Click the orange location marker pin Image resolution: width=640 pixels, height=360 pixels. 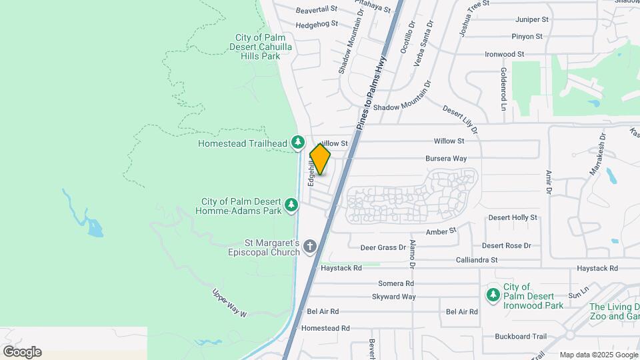pyautogui.click(x=320, y=159)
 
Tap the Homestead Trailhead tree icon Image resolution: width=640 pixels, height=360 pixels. pyautogui.click(x=298, y=143)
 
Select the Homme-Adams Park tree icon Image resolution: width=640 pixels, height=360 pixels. pyautogui.click(x=291, y=205)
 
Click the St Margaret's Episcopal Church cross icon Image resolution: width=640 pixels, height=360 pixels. pyautogui.click(x=309, y=247)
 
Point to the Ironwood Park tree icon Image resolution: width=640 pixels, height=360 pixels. pyautogui.click(x=493, y=294)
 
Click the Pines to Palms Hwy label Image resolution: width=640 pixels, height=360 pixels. pyautogui.click(x=372, y=84)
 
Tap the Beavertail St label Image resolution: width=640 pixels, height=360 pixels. pyautogui.click(x=317, y=10)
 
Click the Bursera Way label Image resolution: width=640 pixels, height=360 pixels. pyautogui.click(x=446, y=159)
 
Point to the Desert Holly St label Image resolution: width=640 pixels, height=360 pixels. pyautogui.click(x=513, y=217)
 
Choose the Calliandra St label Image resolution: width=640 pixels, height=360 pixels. pyautogui.click(x=476, y=260)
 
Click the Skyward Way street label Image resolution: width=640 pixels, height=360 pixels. pyautogui.click(x=394, y=297)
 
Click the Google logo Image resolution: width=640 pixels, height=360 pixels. pyautogui.click(x=22, y=352)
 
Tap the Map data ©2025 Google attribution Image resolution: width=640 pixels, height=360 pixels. pyautogui.click(x=599, y=355)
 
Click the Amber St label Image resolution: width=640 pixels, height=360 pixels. pyautogui.click(x=441, y=231)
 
